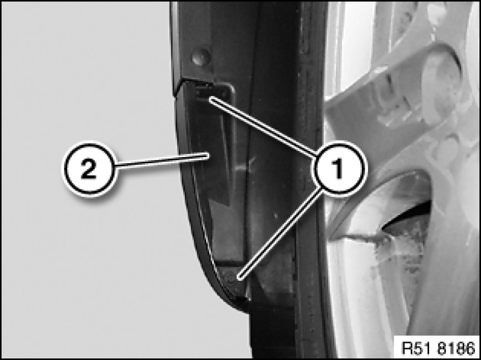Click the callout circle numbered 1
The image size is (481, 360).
point(338,168)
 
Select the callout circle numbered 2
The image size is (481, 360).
point(89,168)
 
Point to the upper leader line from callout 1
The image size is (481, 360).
point(263,126)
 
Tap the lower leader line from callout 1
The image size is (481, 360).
point(281,233)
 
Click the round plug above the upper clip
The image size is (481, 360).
point(201,57)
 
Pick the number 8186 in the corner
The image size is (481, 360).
point(457,348)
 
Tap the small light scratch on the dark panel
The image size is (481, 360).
point(244,166)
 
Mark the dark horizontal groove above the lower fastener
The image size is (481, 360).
point(230,263)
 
